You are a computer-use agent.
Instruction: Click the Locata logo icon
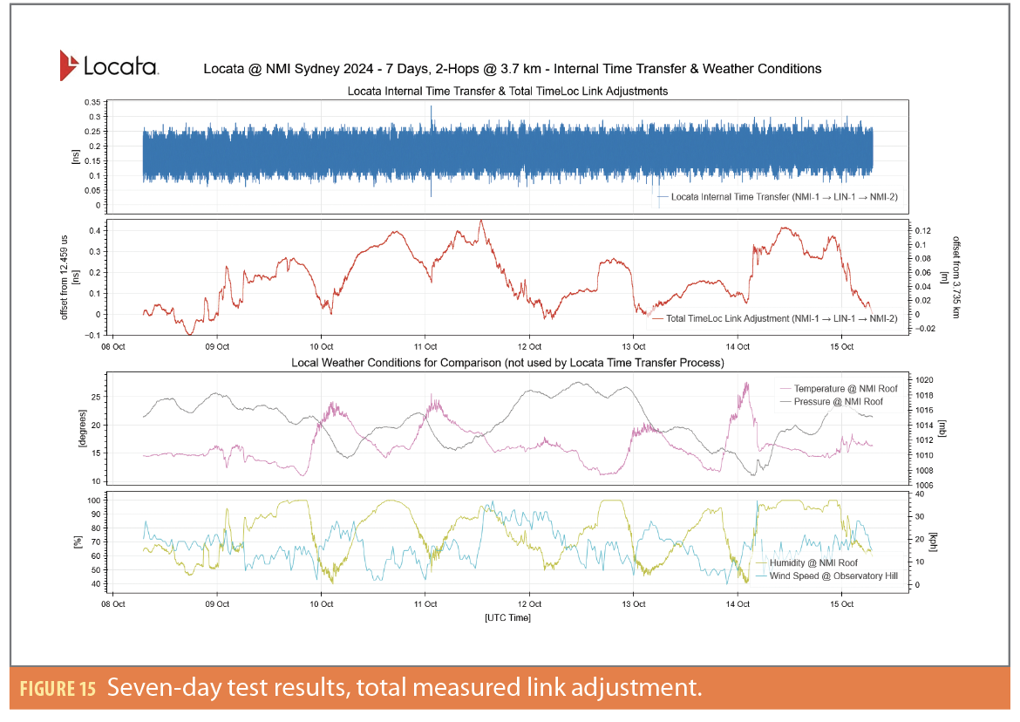point(70,65)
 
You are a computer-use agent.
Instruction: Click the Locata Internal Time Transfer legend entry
point(778,198)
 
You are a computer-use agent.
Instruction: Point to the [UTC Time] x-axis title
point(507,617)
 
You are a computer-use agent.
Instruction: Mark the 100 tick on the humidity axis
point(92,501)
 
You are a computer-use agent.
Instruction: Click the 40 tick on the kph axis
point(921,494)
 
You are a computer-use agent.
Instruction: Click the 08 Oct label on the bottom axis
point(113,603)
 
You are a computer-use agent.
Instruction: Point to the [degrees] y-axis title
point(79,431)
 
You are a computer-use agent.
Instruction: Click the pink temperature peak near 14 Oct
point(746,384)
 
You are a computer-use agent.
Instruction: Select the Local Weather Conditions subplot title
point(507,362)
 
